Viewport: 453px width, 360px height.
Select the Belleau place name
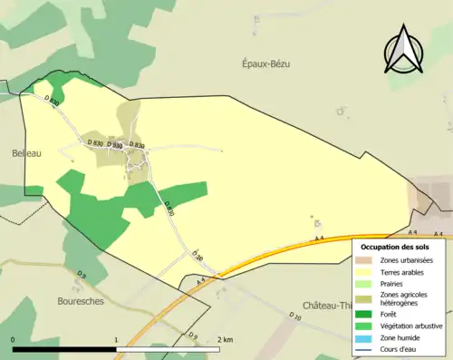26,153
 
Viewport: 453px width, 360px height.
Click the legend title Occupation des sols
395,247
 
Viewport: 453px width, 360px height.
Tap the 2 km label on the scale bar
226,339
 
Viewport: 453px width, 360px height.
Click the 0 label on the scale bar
13,339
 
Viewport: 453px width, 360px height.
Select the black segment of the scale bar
64,349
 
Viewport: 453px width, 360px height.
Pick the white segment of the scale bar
168,349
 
